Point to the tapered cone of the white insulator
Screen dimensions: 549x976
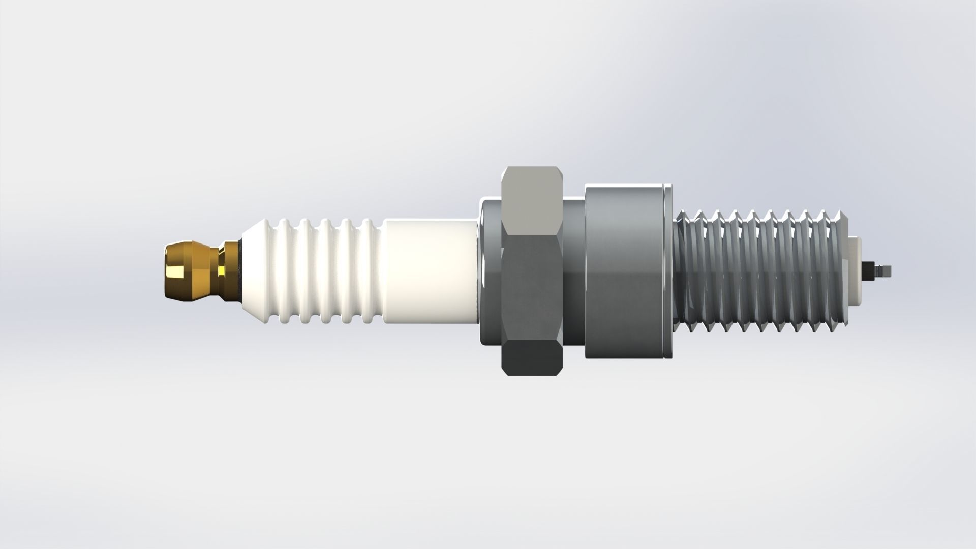click(x=259, y=269)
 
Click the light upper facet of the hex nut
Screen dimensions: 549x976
click(x=531, y=198)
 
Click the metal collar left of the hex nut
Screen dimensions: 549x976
click(x=490, y=272)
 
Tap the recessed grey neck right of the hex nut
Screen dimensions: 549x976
click(x=574, y=272)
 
